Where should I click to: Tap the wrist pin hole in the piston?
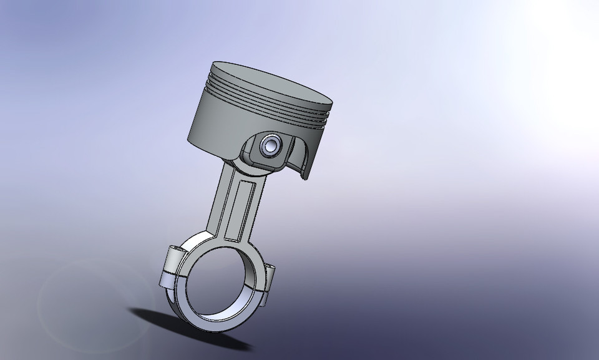pyautogui.click(x=271, y=147)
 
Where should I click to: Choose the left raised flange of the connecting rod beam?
pyautogui.click(x=222, y=200)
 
